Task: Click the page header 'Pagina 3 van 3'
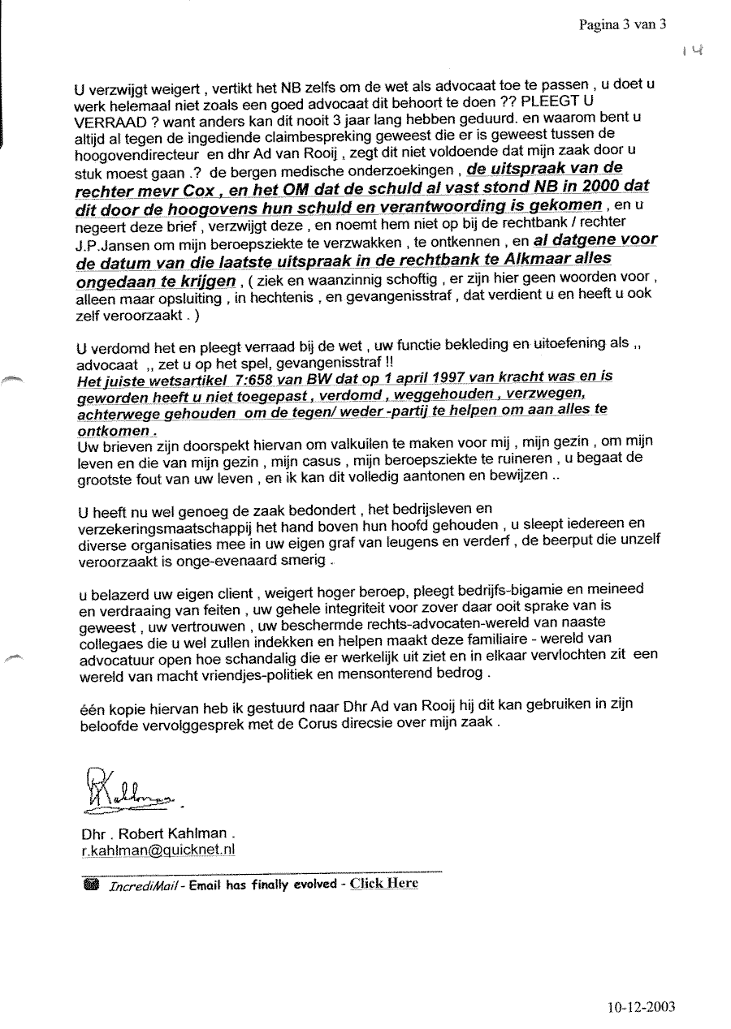click(622, 24)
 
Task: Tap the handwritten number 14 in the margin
click(692, 50)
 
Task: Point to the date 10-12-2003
click(641, 1008)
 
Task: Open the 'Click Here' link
click(384, 884)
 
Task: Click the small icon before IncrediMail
click(90, 885)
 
